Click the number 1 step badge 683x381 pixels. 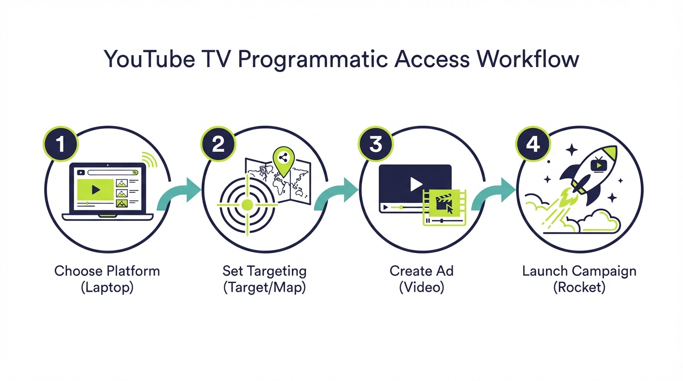pyautogui.click(x=61, y=144)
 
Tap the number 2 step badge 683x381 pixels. pyautogui.click(x=218, y=144)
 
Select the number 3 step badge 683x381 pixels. pyautogui.click(x=375, y=144)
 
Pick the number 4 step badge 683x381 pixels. pyautogui.click(x=533, y=144)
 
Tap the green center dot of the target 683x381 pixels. pyautogui.click(x=247, y=204)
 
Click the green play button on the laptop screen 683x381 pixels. pyautogui.click(x=95, y=190)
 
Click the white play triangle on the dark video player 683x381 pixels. pyautogui.click(x=415, y=184)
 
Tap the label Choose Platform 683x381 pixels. pyautogui.click(x=107, y=271)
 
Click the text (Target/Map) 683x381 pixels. pyautogui.click(x=265, y=287)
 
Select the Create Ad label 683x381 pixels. pyautogui.click(x=421, y=271)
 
